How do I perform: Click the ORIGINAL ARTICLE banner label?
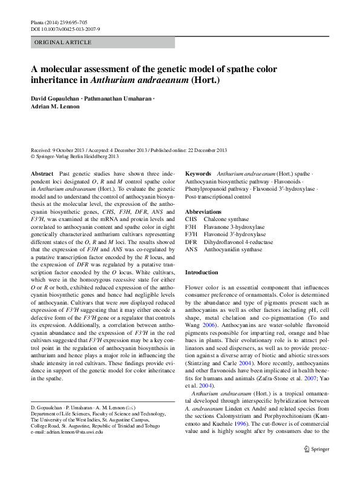(64, 42)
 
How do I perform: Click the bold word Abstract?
(42, 174)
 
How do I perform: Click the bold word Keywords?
(198, 174)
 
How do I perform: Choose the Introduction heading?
(201, 273)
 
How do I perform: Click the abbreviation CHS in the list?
(191, 219)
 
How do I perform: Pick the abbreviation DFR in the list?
(191, 242)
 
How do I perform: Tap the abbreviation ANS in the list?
(191, 249)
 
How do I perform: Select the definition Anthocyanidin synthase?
(234, 249)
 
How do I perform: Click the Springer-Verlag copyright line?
(79, 156)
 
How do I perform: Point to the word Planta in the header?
(38, 22)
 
